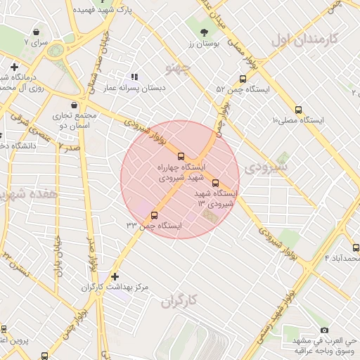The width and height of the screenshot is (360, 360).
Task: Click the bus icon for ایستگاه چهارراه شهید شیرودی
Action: click(182, 156)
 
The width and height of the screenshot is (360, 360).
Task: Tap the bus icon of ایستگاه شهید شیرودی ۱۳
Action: click(215, 182)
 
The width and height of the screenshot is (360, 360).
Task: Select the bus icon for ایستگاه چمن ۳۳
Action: click(155, 215)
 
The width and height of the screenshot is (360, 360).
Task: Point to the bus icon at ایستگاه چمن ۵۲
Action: click(243, 79)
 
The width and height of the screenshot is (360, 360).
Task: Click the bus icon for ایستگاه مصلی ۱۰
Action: click(299, 110)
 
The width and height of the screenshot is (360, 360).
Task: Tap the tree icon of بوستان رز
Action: click(205, 32)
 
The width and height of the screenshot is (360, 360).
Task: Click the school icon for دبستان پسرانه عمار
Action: click(134, 77)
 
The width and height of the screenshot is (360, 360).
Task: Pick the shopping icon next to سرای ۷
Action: click(37, 32)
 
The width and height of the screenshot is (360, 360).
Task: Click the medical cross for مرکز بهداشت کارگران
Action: click(115, 276)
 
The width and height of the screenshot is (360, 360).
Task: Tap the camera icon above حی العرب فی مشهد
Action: click(324, 330)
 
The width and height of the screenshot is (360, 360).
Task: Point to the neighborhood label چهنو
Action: click(176, 68)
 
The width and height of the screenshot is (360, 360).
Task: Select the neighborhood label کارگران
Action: click(179, 301)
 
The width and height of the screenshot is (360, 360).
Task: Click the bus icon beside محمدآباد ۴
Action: click(356, 247)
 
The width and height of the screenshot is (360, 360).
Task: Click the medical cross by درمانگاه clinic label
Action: click(14, 67)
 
